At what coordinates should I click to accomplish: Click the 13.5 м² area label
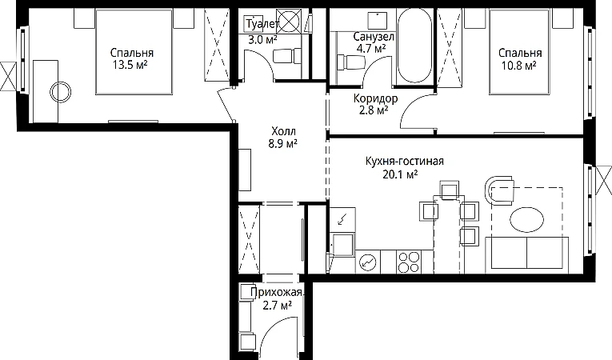pyautogui.click(x=130, y=65)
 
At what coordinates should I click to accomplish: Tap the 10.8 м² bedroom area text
pyautogui.click(x=518, y=65)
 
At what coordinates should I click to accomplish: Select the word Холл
pyautogui.click(x=283, y=131)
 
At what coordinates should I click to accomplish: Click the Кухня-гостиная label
pyautogui.click(x=404, y=161)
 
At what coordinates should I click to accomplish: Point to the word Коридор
pyautogui.click(x=375, y=98)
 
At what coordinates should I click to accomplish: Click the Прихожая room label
pyautogui.click(x=276, y=293)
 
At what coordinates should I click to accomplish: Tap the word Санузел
pyautogui.click(x=374, y=37)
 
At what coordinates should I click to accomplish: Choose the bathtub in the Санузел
pyautogui.click(x=414, y=45)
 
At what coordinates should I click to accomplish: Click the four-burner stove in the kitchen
pyautogui.click(x=409, y=262)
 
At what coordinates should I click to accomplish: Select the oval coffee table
pyautogui.click(x=527, y=219)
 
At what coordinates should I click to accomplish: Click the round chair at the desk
pyautogui.click(x=61, y=93)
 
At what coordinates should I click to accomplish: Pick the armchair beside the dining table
pyautogui.click(x=499, y=190)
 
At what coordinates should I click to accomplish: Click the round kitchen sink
pyautogui.click(x=367, y=262)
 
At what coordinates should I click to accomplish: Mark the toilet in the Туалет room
pyautogui.click(x=286, y=56)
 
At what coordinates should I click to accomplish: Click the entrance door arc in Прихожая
pyautogui.click(x=275, y=329)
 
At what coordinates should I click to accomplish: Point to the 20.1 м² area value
pyautogui.click(x=400, y=174)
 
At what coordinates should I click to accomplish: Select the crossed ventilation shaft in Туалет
pyautogui.click(x=289, y=21)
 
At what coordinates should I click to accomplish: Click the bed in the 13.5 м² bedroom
pyautogui.click(x=134, y=52)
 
